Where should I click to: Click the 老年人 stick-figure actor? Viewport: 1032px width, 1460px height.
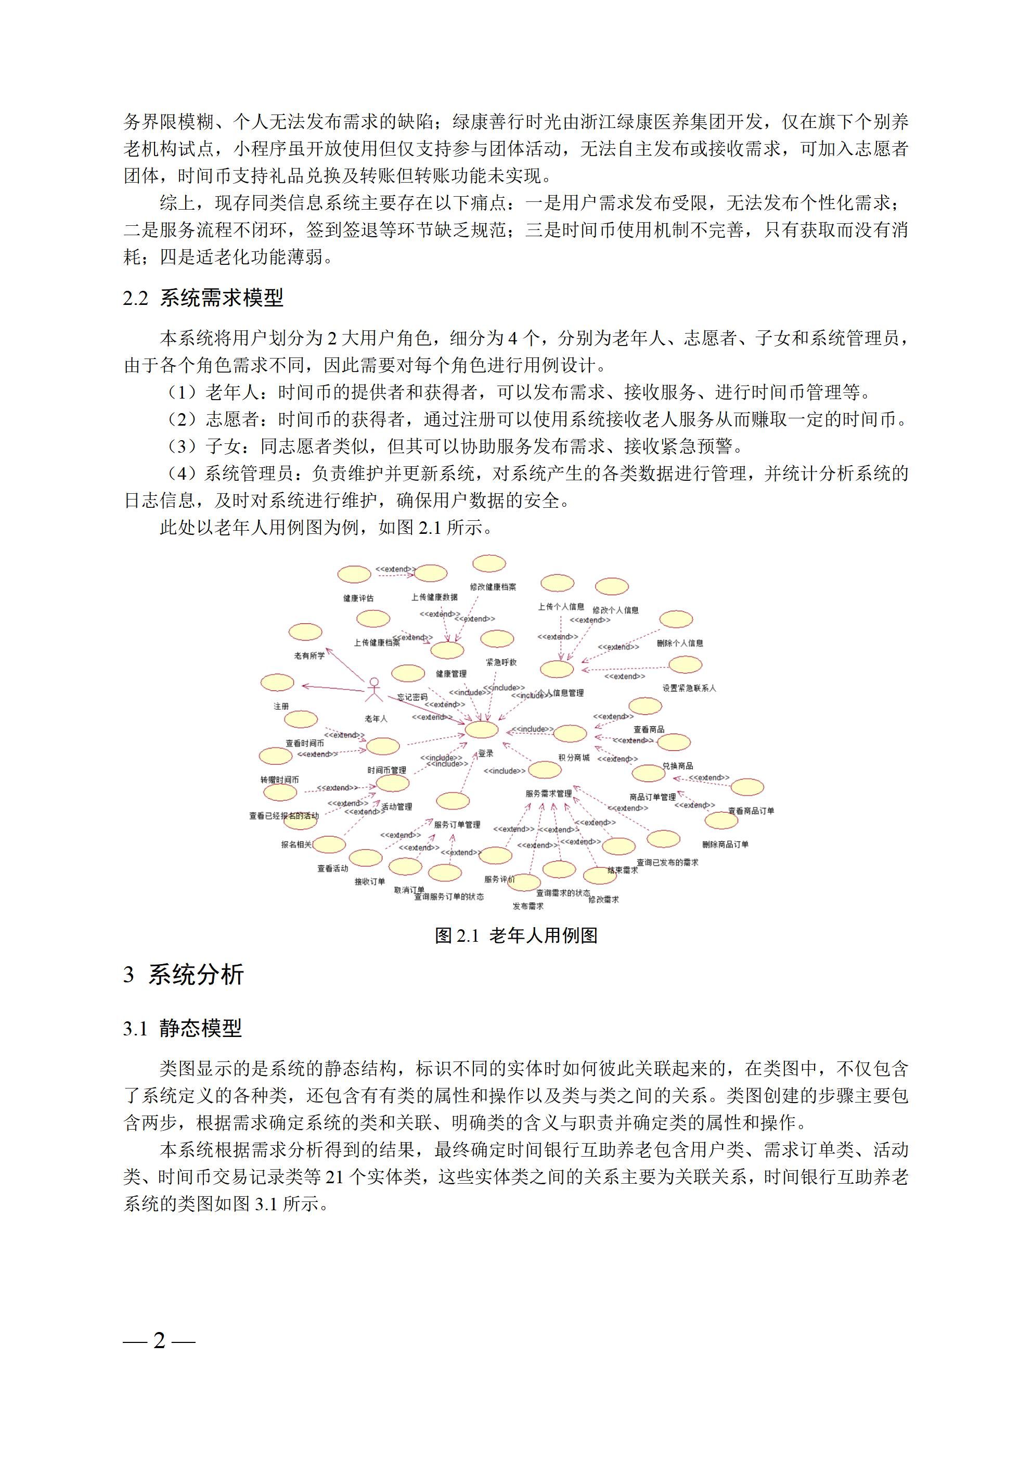click(375, 690)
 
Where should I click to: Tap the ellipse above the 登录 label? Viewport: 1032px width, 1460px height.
click(481, 729)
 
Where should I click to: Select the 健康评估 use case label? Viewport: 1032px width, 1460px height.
click(358, 598)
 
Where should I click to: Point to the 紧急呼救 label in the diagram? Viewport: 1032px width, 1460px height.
click(501, 662)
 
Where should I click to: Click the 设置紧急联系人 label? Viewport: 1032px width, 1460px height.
click(689, 688)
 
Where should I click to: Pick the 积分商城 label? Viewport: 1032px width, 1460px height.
click(574, 758)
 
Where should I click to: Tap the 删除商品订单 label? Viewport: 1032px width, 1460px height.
click(726, 844)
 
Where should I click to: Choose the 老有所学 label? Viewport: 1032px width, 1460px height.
click(309, 656)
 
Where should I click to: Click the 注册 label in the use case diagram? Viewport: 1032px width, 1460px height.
click(281, 707)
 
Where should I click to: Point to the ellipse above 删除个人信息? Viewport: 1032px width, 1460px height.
click(676, 619)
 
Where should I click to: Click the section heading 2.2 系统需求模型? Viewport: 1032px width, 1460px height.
click(203, 298)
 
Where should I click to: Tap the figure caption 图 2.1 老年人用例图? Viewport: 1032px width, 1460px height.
click(515, 936)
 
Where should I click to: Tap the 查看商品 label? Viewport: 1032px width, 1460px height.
click(649, 729)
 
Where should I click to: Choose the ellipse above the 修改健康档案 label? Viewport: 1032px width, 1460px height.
click(489, 563)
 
